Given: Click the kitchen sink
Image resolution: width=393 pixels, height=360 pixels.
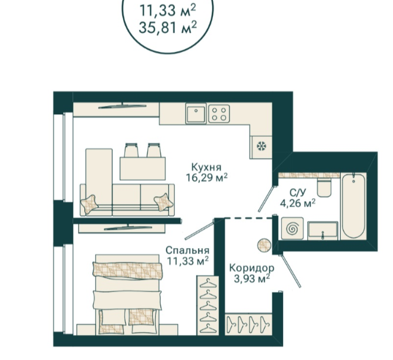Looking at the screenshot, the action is (x=196, y=114).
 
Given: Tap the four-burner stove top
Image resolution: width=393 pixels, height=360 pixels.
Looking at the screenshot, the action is (x=219, y=114).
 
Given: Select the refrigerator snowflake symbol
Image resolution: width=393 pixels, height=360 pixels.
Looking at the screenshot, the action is (x=262, y=146).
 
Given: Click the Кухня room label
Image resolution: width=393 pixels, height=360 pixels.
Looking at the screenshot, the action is (x=206, y=167).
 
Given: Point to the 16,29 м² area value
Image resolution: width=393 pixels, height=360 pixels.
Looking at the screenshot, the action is (x=206, y=177).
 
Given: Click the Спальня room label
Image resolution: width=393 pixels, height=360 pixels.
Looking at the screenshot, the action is (x=187, y=250).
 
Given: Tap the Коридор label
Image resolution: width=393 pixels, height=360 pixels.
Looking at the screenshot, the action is (x=251, y=268).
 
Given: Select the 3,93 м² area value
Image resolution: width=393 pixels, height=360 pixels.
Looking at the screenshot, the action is (x=251, y=278).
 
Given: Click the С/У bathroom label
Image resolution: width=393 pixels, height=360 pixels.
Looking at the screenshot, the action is (x=298, y=193).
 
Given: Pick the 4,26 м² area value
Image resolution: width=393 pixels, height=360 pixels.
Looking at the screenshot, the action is (x=297, y=203).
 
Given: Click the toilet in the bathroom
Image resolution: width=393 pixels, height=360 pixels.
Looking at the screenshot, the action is (x=324, y=187).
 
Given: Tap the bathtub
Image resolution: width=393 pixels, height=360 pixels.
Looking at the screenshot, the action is (x=353, y=206).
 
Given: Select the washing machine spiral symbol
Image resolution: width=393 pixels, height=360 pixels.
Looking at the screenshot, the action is (x=293, y=228).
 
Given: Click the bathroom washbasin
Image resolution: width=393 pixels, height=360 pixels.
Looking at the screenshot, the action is (x=323, y=230).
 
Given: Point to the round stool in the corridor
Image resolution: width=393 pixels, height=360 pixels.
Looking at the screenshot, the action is (x=264, y=245).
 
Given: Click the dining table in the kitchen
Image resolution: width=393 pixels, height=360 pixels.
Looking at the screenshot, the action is (x=143, y=168).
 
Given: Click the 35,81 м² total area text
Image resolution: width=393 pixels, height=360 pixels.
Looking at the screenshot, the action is (x=168, y=27).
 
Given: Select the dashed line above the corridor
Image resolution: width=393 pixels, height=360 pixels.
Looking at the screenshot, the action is (x=249, y=218).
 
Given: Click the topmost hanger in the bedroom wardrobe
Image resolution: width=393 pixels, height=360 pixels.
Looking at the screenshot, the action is (x=207, y=283).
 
